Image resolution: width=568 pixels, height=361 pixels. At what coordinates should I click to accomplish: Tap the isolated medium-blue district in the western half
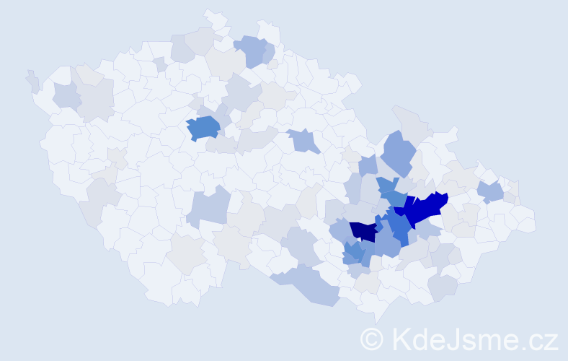click(203, 127)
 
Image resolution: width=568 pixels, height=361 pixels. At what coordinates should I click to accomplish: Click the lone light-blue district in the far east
click(491, 191)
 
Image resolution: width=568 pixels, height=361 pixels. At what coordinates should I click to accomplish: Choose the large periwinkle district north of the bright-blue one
click(399, 152)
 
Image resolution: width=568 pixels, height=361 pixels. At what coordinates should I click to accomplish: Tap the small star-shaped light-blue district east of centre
click(303, 140)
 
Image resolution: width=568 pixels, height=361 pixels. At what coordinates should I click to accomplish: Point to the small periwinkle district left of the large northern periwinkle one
click(367, 165)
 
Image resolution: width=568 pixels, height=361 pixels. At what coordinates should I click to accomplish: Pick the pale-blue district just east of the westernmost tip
click(66, 95)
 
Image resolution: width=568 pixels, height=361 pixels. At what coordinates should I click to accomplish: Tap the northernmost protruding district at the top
click(213, 17)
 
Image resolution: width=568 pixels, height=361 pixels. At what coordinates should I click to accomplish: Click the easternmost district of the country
click(530, 221)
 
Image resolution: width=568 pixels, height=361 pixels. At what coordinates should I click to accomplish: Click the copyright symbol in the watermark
click(372, 339)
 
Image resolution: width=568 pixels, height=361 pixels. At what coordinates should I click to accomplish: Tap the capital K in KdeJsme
click(401, 339)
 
